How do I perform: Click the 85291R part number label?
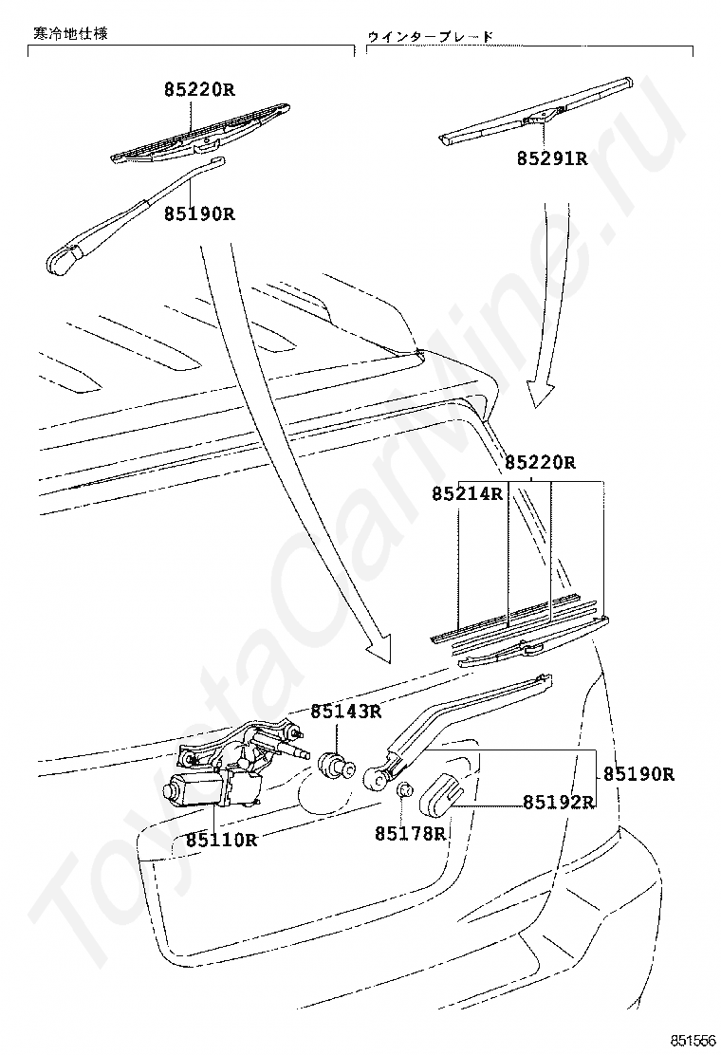[552, 158]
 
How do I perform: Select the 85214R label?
[467, 493]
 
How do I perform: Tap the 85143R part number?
[347, 711]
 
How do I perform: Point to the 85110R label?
[221, 839]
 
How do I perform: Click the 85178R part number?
[409, 833]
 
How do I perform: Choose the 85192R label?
[558, 802]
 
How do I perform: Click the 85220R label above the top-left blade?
[198, 90]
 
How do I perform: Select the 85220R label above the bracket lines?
[540, 463]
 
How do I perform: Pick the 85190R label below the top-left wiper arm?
[199, 213]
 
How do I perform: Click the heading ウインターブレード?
[431, 36]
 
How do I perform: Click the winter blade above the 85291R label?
[537, 112]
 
